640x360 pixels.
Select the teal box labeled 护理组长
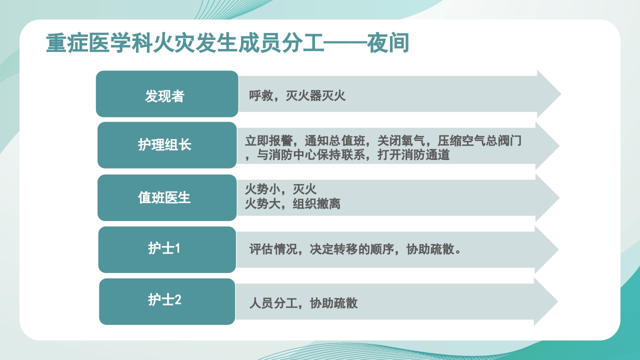click(x=167, y=145)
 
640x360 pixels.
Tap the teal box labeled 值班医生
click(x=167, y=197)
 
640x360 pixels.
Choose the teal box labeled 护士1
click(x=167, y=249)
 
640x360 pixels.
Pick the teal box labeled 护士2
click(x=167, y=301)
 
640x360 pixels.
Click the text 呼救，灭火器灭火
click(x=297, y=95)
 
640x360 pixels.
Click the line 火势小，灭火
click(x=280, y=189)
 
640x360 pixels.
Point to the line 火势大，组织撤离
click(x=292, y=203)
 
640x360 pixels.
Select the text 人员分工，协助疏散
click(x=303, y=303)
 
